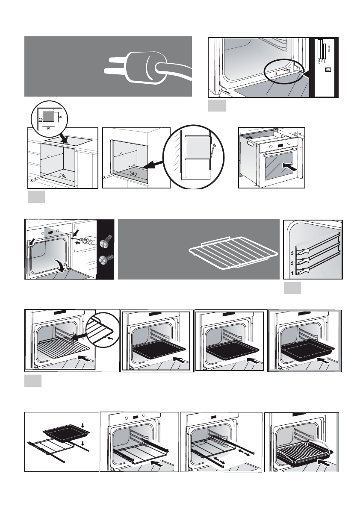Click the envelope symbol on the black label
pyautogui.click(x=328, y=69)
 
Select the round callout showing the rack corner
pyautogui.click(x=102, y=329)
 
